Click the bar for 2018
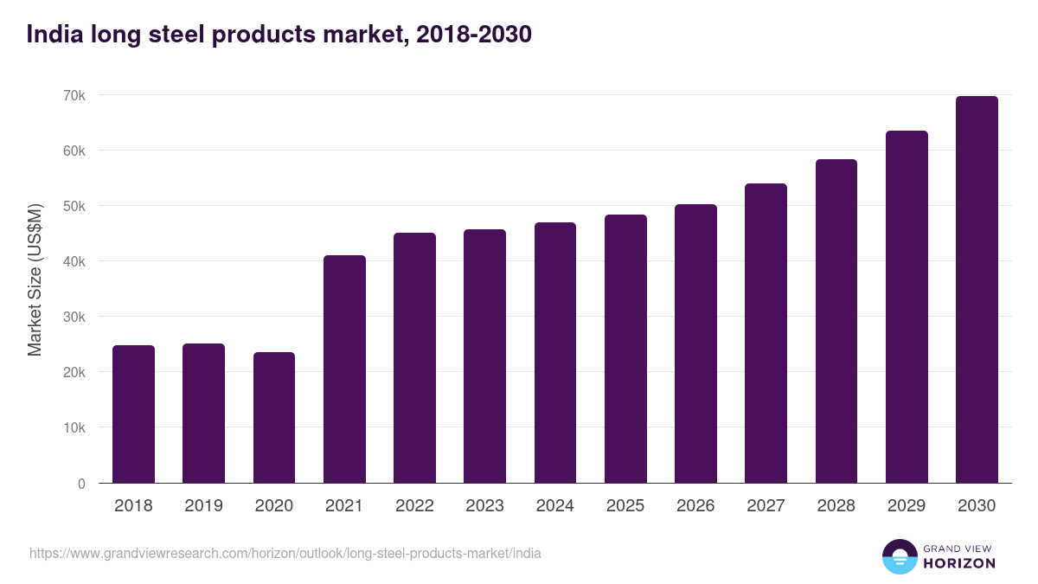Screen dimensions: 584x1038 pos(133,414)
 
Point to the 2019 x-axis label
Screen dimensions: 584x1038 pos(203,506)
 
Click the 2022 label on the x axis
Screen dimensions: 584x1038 pos(414,506)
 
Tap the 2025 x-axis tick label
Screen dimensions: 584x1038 pos(625,506)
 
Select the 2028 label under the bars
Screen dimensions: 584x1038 pos(836,506)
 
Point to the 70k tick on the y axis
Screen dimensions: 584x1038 pos(74,95)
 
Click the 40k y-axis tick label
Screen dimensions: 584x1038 pos(74,261)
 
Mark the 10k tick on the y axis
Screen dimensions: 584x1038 pos(74,427)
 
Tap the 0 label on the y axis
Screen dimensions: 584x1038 pos(81,484)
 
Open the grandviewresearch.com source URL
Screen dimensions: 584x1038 pos(285,553)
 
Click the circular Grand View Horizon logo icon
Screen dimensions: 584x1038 pos(899,556)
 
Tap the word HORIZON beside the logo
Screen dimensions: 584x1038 pos(958,563)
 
